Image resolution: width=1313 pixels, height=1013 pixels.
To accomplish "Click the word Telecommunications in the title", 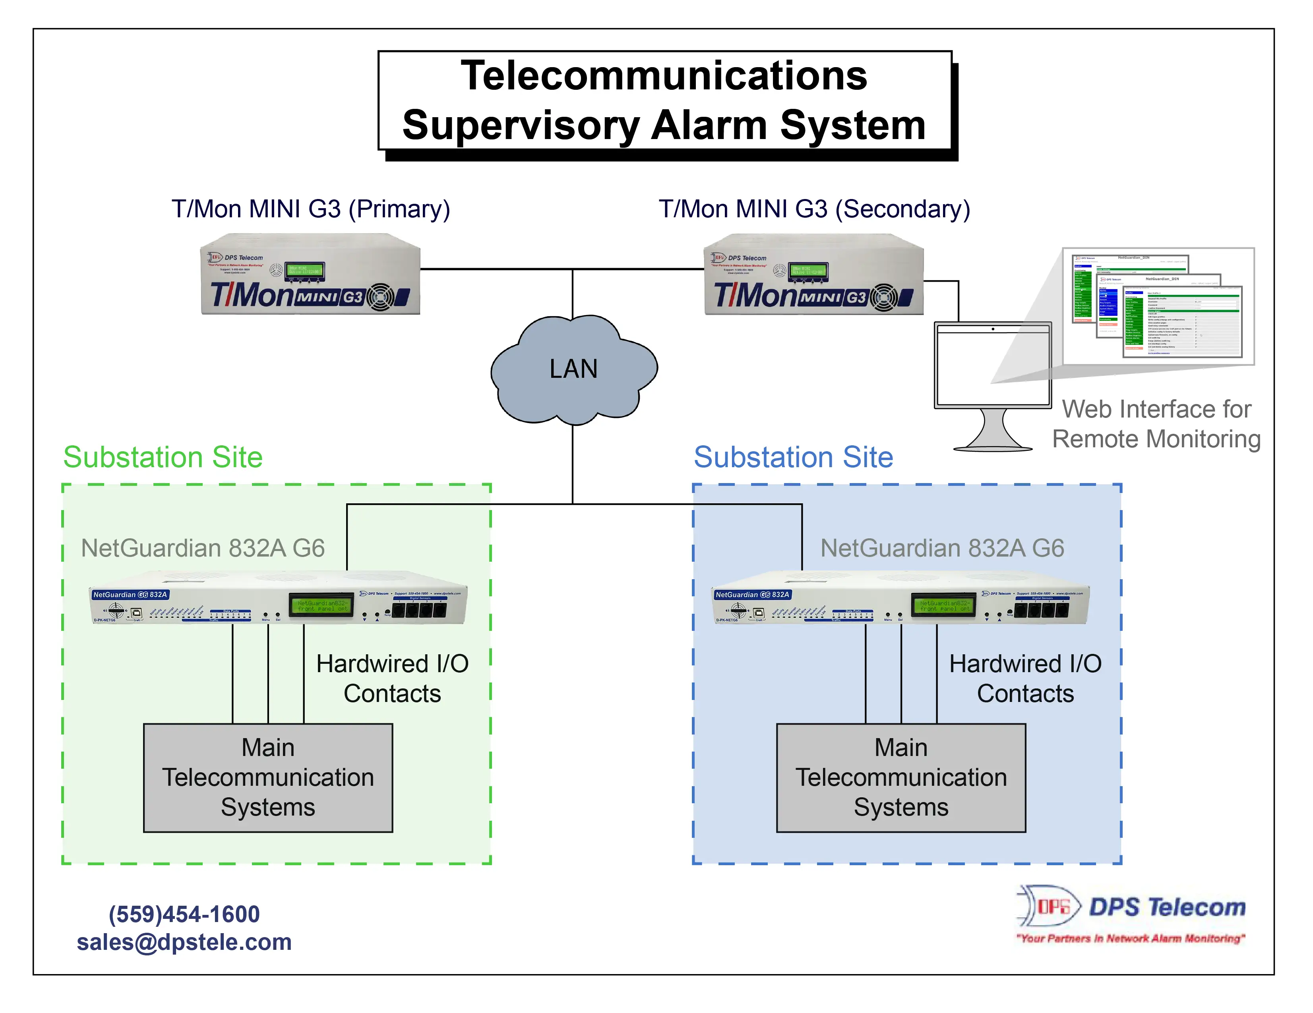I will point(664,76).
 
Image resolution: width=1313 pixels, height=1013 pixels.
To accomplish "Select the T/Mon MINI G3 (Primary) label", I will point(311,209).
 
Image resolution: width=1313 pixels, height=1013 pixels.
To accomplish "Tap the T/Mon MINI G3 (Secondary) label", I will point(814,209).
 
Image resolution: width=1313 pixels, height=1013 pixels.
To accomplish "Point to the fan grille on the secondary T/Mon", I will point(884,298).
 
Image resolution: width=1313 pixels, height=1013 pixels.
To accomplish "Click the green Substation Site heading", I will point(163,457).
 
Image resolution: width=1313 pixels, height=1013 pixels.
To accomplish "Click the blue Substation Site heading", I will point(793,457).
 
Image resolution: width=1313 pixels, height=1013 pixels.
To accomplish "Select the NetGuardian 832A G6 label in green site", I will point(203,548).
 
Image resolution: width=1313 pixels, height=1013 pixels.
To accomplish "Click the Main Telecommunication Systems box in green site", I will point(268,777).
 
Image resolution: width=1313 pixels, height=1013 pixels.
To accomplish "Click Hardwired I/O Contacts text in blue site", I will point(1025,679).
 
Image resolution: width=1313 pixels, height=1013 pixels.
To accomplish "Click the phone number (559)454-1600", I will point(184,914).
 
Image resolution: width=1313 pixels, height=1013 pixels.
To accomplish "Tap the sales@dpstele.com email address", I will point(184,941).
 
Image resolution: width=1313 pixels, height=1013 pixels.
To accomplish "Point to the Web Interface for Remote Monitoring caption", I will point(1156,423).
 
